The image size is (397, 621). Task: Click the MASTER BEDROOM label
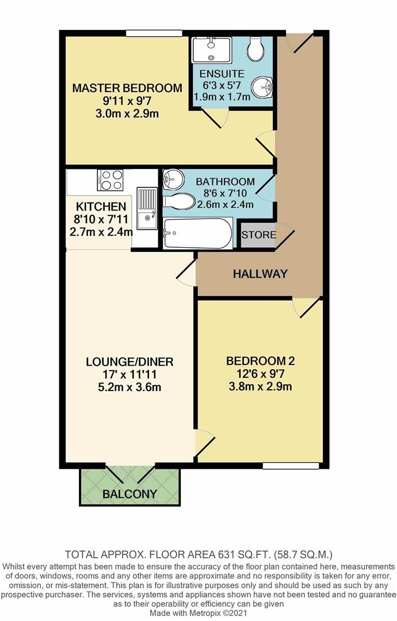click(x=127, y=88)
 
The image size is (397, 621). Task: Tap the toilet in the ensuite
click(x=255, y=49)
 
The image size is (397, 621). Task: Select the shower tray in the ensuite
click(x=211, y=50)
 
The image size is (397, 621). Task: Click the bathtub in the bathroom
click(x=198, y=233)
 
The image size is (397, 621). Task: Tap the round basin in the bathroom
click(x=171, y=180)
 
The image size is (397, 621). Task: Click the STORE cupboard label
click(x=258, y=235)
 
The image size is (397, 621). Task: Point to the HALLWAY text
click(x=259, y=274)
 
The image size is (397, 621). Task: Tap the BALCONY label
click(x=129, y=494)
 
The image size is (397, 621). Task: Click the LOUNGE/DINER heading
click(x=129, y=362)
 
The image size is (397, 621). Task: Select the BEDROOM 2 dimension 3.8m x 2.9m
click(x=259, y=386)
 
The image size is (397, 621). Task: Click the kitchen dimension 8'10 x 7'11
click(x=101, y=219)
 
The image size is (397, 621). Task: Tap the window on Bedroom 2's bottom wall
click(x=291, y=465)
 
